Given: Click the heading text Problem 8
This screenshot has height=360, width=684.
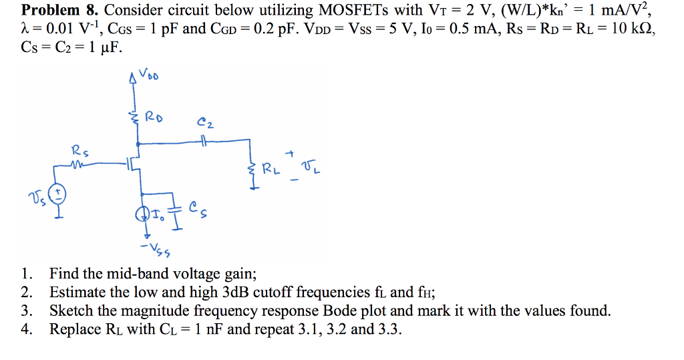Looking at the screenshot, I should coord(59,10).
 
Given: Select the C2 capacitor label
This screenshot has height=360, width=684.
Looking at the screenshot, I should coord(205,123).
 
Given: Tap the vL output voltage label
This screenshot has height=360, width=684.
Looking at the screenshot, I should coord(312,168).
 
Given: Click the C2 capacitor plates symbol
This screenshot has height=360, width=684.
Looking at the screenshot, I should coord(202,142).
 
